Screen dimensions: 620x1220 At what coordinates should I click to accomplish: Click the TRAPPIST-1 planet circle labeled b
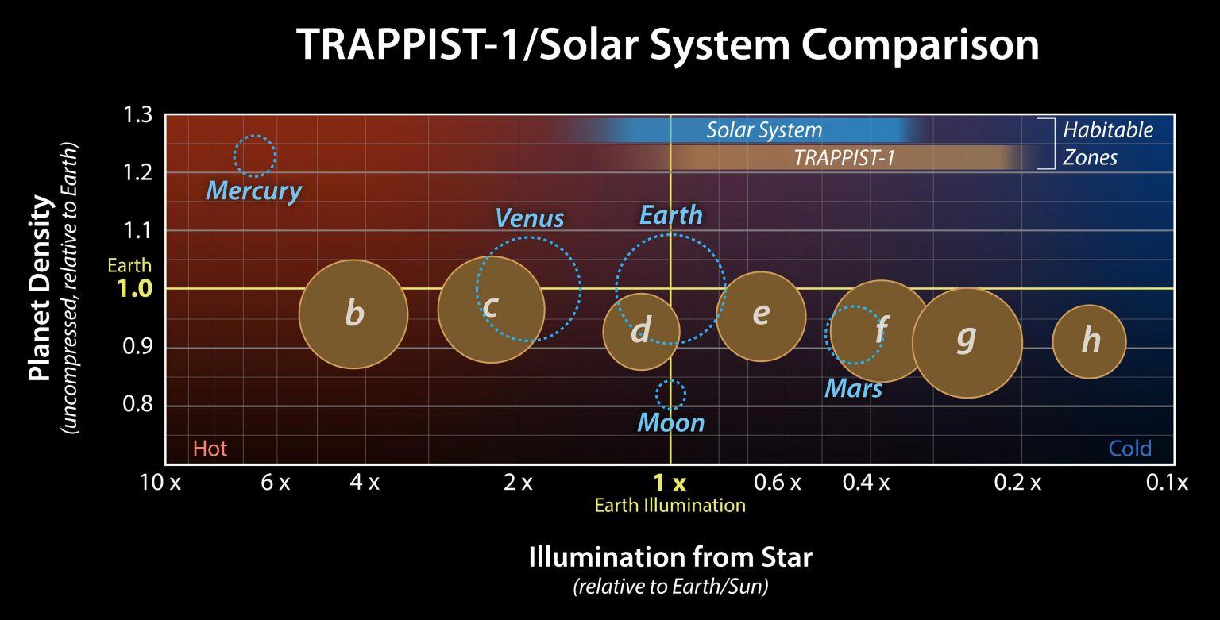pos(353,314)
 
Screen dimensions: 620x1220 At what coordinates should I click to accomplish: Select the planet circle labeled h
pos(1089,341)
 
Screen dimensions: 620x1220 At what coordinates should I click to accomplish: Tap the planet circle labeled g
pos(967,343)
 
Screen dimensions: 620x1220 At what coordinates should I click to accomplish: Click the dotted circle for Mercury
pos(255,156)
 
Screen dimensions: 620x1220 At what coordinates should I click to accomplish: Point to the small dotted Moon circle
pos(670,394)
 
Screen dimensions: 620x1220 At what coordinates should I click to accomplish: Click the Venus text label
pos(529,218)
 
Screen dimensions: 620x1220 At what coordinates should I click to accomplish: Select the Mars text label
pos(853,388)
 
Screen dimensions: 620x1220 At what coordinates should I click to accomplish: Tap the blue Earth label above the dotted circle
pos(671,214)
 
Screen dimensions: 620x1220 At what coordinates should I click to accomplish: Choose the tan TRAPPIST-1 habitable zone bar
pos(844,158)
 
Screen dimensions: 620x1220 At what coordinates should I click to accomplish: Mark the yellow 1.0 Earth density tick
pos(133,289)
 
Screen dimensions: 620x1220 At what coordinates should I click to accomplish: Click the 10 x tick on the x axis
pos(161,482)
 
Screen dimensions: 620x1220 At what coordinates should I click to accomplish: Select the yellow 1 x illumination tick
pos(669,482)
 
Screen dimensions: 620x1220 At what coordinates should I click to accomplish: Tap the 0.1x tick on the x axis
pos(1171,482)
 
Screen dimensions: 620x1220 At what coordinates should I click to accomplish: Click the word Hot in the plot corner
pos(210,449)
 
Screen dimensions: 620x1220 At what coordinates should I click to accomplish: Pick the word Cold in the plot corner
pos(1129,449)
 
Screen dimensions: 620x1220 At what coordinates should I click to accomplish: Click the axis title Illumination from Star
pos(670,557)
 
